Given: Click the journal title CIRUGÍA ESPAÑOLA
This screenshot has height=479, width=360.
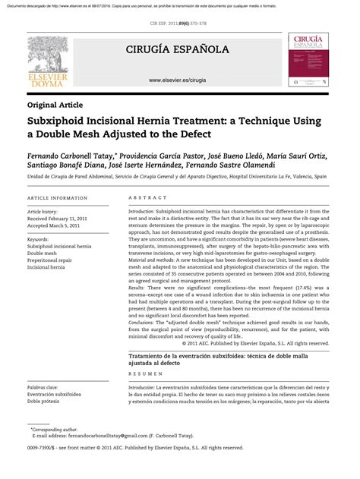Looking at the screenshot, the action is [x=179, y=50].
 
